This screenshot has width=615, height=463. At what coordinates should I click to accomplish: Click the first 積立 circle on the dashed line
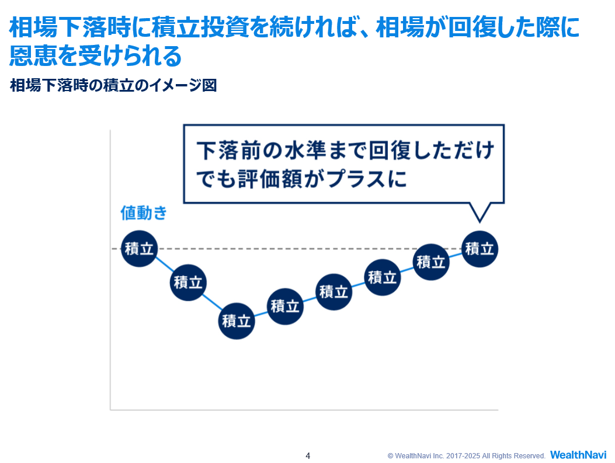click(x=138, y=249)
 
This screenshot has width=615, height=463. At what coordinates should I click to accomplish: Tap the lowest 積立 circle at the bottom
click(x=236, y=321)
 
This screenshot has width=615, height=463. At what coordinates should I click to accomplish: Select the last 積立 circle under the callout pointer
click(x=480, y=249)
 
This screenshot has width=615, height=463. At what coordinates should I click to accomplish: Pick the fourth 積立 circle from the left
click(x=285, y=305)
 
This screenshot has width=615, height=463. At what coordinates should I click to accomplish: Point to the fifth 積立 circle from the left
click(x=333, y=291)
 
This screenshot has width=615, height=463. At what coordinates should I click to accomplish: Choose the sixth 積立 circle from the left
click(x=383, y=277)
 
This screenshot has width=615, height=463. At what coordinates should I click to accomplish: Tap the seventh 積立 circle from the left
click(x=431, y=262)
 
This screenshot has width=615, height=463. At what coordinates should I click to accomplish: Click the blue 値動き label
click(x=144, y=213)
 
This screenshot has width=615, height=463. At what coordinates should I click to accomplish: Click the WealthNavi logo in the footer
click(x=578, y=455)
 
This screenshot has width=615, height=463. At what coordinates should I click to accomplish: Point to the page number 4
click(x=308, y=455)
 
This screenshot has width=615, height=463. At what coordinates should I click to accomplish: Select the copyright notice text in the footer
click(x=466, y=455)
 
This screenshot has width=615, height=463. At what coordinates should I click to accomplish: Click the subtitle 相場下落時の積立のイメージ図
click(x=113, y=86)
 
